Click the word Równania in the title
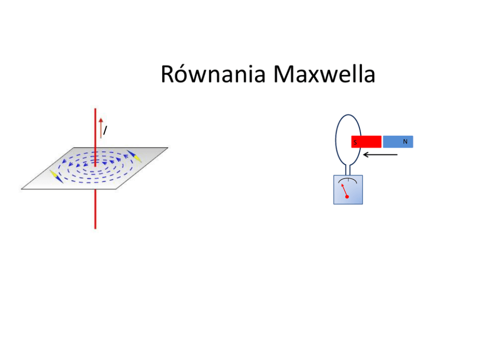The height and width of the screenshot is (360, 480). [213, 75]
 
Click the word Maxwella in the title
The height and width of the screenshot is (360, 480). [324, 75]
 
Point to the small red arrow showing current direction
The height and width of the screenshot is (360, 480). [101, 127]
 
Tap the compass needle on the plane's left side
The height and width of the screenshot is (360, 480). [56, 176]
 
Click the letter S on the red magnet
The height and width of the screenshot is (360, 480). [355, 143]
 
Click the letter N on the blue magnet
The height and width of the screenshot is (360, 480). [405, 141]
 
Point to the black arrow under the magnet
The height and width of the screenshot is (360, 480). [380, 155]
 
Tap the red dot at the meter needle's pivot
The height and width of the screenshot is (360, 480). [347, 197]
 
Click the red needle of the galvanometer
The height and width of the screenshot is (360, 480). [344, 190]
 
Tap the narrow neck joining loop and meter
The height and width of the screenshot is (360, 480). [348, 170]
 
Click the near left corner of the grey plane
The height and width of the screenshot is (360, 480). [22, 188]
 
